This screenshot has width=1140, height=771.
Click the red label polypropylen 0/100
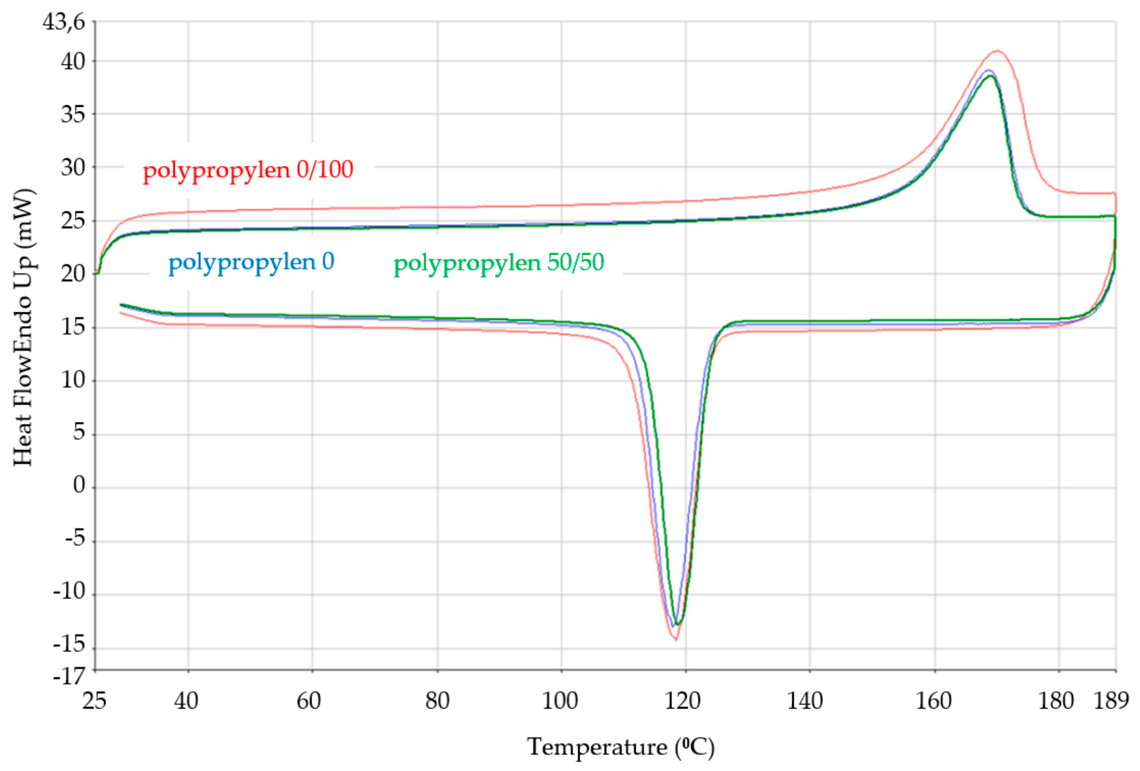pyautogui.click(x=248, y=170)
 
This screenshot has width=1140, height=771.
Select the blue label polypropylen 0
pyautogui.click(x=251, y=262)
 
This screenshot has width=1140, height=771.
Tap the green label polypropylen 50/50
pyautogui.click(x=498, y=263)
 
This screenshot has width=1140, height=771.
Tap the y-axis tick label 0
pyautogui.click(x=79, y=485)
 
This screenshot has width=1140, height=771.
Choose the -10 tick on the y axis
pyautogui.click(x=69, y=592)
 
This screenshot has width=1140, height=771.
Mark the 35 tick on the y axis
pyautogui.click(x=73, y=114)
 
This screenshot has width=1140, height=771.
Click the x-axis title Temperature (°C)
pyautogui.click(x=621, y=748)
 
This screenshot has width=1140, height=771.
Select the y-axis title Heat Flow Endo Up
pyautogui.click(x=23, y=328)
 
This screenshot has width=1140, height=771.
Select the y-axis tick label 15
pyautogui.click(x=73, y=327)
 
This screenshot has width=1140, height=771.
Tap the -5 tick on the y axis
pyautogui.click(x=74, y=539)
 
